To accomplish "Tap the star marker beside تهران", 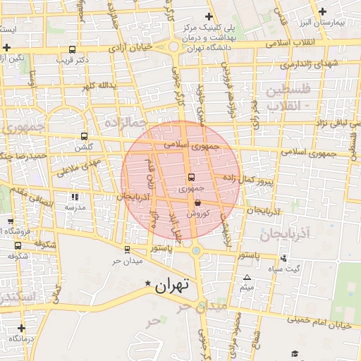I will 147,283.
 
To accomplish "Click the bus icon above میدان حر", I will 127,249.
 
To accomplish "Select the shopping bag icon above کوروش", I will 188,202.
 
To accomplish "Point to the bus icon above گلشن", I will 85,136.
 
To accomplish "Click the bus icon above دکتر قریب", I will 72,50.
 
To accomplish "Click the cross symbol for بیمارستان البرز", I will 322,11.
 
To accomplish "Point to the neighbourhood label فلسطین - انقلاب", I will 286,98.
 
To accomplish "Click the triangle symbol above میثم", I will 247,277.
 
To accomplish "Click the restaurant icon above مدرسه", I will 74,197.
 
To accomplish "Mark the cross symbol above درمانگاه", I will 21,328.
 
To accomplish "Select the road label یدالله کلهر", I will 97,86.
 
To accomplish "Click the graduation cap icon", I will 294,353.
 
